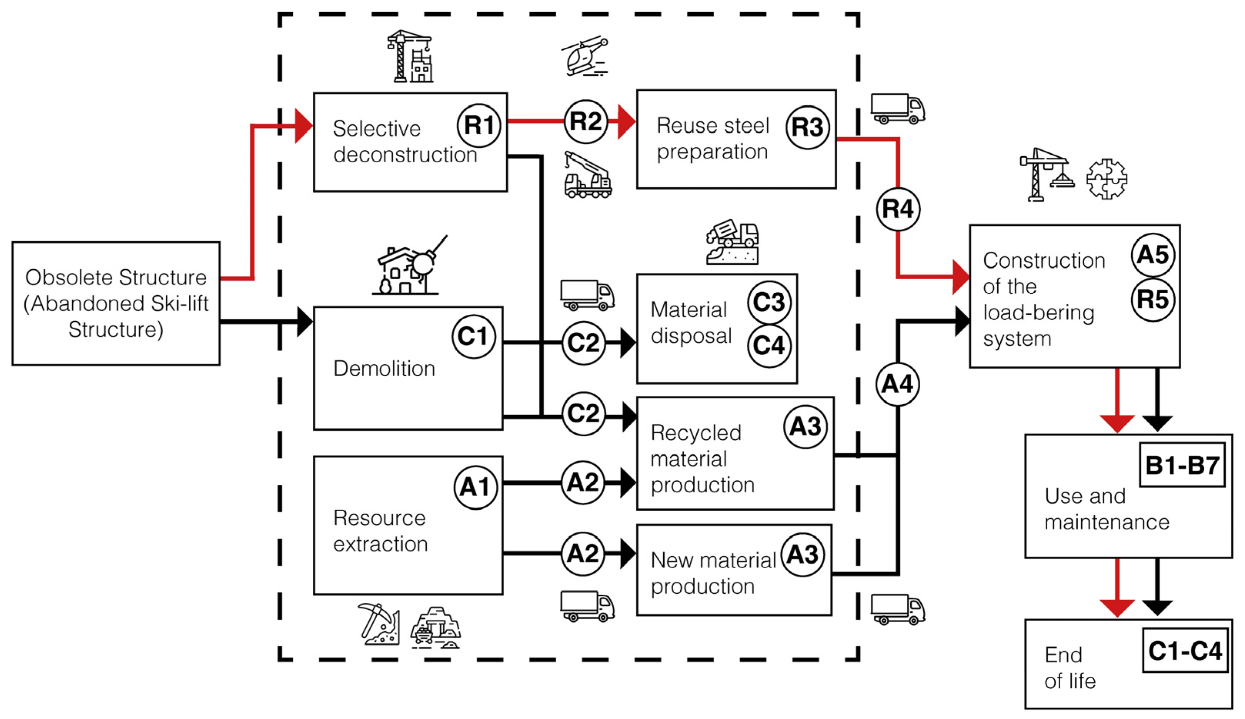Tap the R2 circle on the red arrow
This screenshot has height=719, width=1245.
pyautogui.click(x=585, y=121)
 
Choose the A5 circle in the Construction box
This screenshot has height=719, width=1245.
pyautogui.click(x=1153, y=255)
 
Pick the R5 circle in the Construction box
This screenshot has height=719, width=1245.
pyautogui.click(x=1153, y=299)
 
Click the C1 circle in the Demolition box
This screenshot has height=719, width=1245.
pyautogui.click(x=473, y=336)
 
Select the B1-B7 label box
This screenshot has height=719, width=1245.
pyautogui.click(x=1182, y=465)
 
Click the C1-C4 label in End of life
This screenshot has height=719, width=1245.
pyautogui.click(x=1185, y=650)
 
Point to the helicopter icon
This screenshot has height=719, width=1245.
pyautogui.click(x=585, y=55)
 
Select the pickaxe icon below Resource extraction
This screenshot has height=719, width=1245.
pyautogui.click(x=378, y=623)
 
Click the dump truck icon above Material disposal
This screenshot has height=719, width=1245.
pyautogui.click(x=731, y=242)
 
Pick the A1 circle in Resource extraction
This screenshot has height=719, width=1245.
pyautogui.click(x=475, y=487)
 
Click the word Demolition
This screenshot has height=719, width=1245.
pyautogui.click(x=384, y=369)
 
